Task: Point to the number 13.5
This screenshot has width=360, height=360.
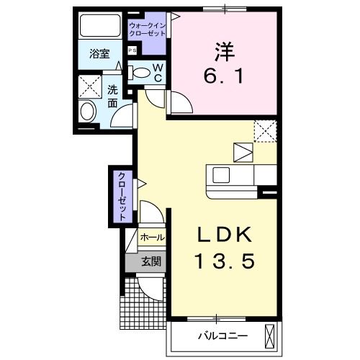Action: coord(224,260)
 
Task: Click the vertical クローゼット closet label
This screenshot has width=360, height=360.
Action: coord(122,196)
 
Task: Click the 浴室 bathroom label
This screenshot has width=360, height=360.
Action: coord(99,55)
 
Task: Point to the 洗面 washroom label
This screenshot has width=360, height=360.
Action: coord(113,96)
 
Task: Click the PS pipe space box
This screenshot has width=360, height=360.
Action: coord(132,50)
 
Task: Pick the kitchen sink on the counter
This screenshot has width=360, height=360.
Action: coord(220,175)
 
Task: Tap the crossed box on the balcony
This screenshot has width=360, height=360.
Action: coord(270,336)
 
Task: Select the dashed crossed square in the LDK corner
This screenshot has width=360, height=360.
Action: coord(266,131)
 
